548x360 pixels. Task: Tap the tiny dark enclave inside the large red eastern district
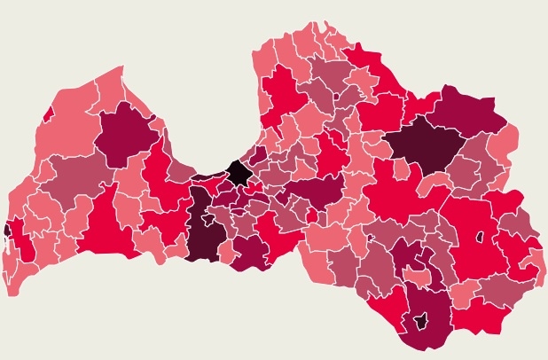(480, 237)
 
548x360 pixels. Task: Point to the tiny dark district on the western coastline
(7, 230)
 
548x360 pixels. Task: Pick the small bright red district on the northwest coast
(48, 114)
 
